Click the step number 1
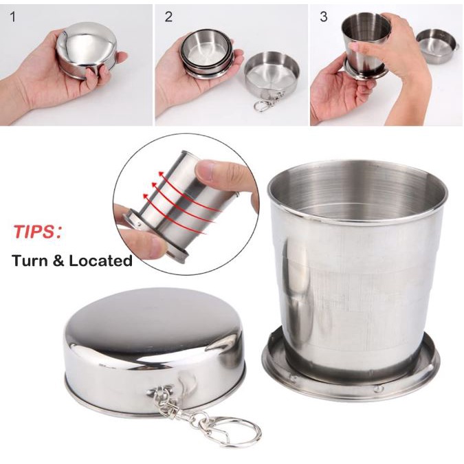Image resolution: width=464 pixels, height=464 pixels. [13, 17]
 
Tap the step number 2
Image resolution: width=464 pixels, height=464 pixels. [168, 17]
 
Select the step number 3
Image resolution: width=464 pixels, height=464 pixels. [324, 17]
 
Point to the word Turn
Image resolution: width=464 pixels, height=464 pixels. [30, 261]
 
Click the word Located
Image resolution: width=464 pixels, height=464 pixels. [100, 261]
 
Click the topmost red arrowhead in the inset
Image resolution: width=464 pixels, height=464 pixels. [160, 173]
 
